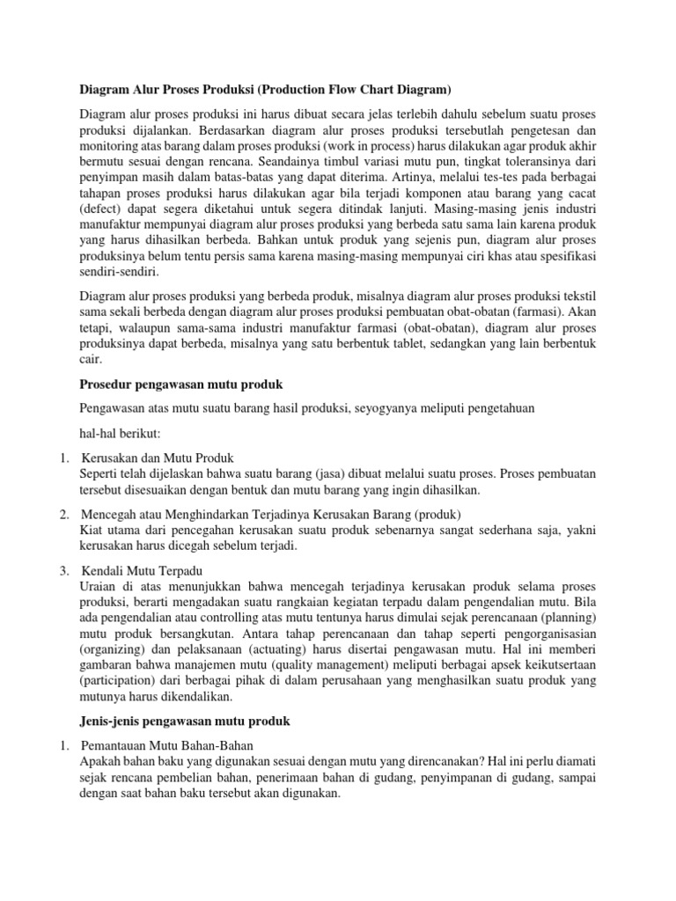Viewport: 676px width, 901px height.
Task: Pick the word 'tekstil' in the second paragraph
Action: point(579,297)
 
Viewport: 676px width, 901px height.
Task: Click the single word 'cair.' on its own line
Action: point(91,360)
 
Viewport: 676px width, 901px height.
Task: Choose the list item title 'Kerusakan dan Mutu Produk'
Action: point(158,458)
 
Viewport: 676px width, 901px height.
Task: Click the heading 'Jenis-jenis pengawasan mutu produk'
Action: point(185,722)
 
